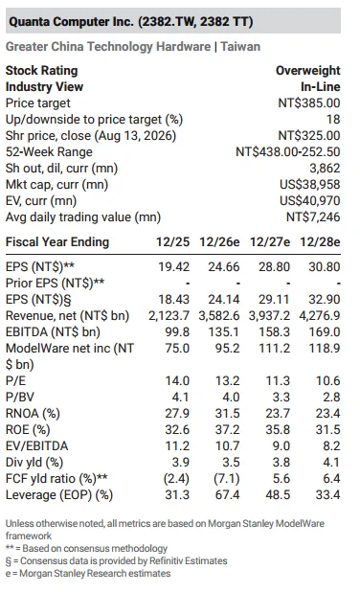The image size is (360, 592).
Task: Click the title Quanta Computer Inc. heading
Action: click(130, 21)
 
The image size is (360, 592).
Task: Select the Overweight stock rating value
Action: click(308, 71)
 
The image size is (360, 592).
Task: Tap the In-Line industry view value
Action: click(321, 87)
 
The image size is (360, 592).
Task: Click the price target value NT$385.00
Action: click(309, 103)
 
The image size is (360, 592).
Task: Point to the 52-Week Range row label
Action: click(49, 151)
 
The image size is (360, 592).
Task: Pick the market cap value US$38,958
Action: click(310, 184)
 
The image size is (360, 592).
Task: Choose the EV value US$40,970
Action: click(310, 200)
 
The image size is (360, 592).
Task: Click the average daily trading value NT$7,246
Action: click(313, 216)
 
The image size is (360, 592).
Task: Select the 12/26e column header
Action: click(219, 241)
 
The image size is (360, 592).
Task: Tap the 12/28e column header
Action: click(320, 241)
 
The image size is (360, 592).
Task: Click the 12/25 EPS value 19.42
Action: click(173, 267)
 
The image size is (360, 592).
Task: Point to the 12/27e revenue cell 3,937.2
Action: click(269, 315)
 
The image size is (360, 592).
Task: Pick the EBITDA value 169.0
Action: click(325, 331)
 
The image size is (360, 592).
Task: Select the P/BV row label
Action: click(20, 397)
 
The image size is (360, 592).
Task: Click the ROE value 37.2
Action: click(227, 429)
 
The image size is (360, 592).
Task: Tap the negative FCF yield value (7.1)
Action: click(226, 478)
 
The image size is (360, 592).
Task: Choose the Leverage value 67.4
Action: click(227, 494)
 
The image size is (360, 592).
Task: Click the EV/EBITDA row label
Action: click(37, 445)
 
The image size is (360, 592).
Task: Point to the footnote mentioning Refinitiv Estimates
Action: click(116, 561)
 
